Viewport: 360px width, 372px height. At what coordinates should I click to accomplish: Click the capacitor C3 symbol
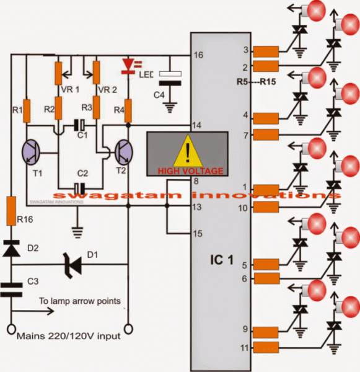12,288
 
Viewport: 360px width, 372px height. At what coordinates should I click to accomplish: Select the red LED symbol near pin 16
128,64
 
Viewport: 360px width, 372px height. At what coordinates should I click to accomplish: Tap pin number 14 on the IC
198,125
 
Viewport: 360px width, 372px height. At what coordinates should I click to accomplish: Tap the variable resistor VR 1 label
70,88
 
